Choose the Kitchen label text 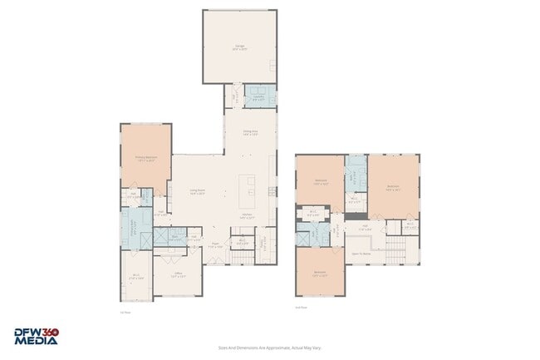pos(247,215)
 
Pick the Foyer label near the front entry pos(214,244)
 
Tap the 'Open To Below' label pos(361,253)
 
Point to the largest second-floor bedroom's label pos(393,187)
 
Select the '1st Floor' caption pos(125,313)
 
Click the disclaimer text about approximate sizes pos(269,348)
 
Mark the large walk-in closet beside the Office pos(136,277)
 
